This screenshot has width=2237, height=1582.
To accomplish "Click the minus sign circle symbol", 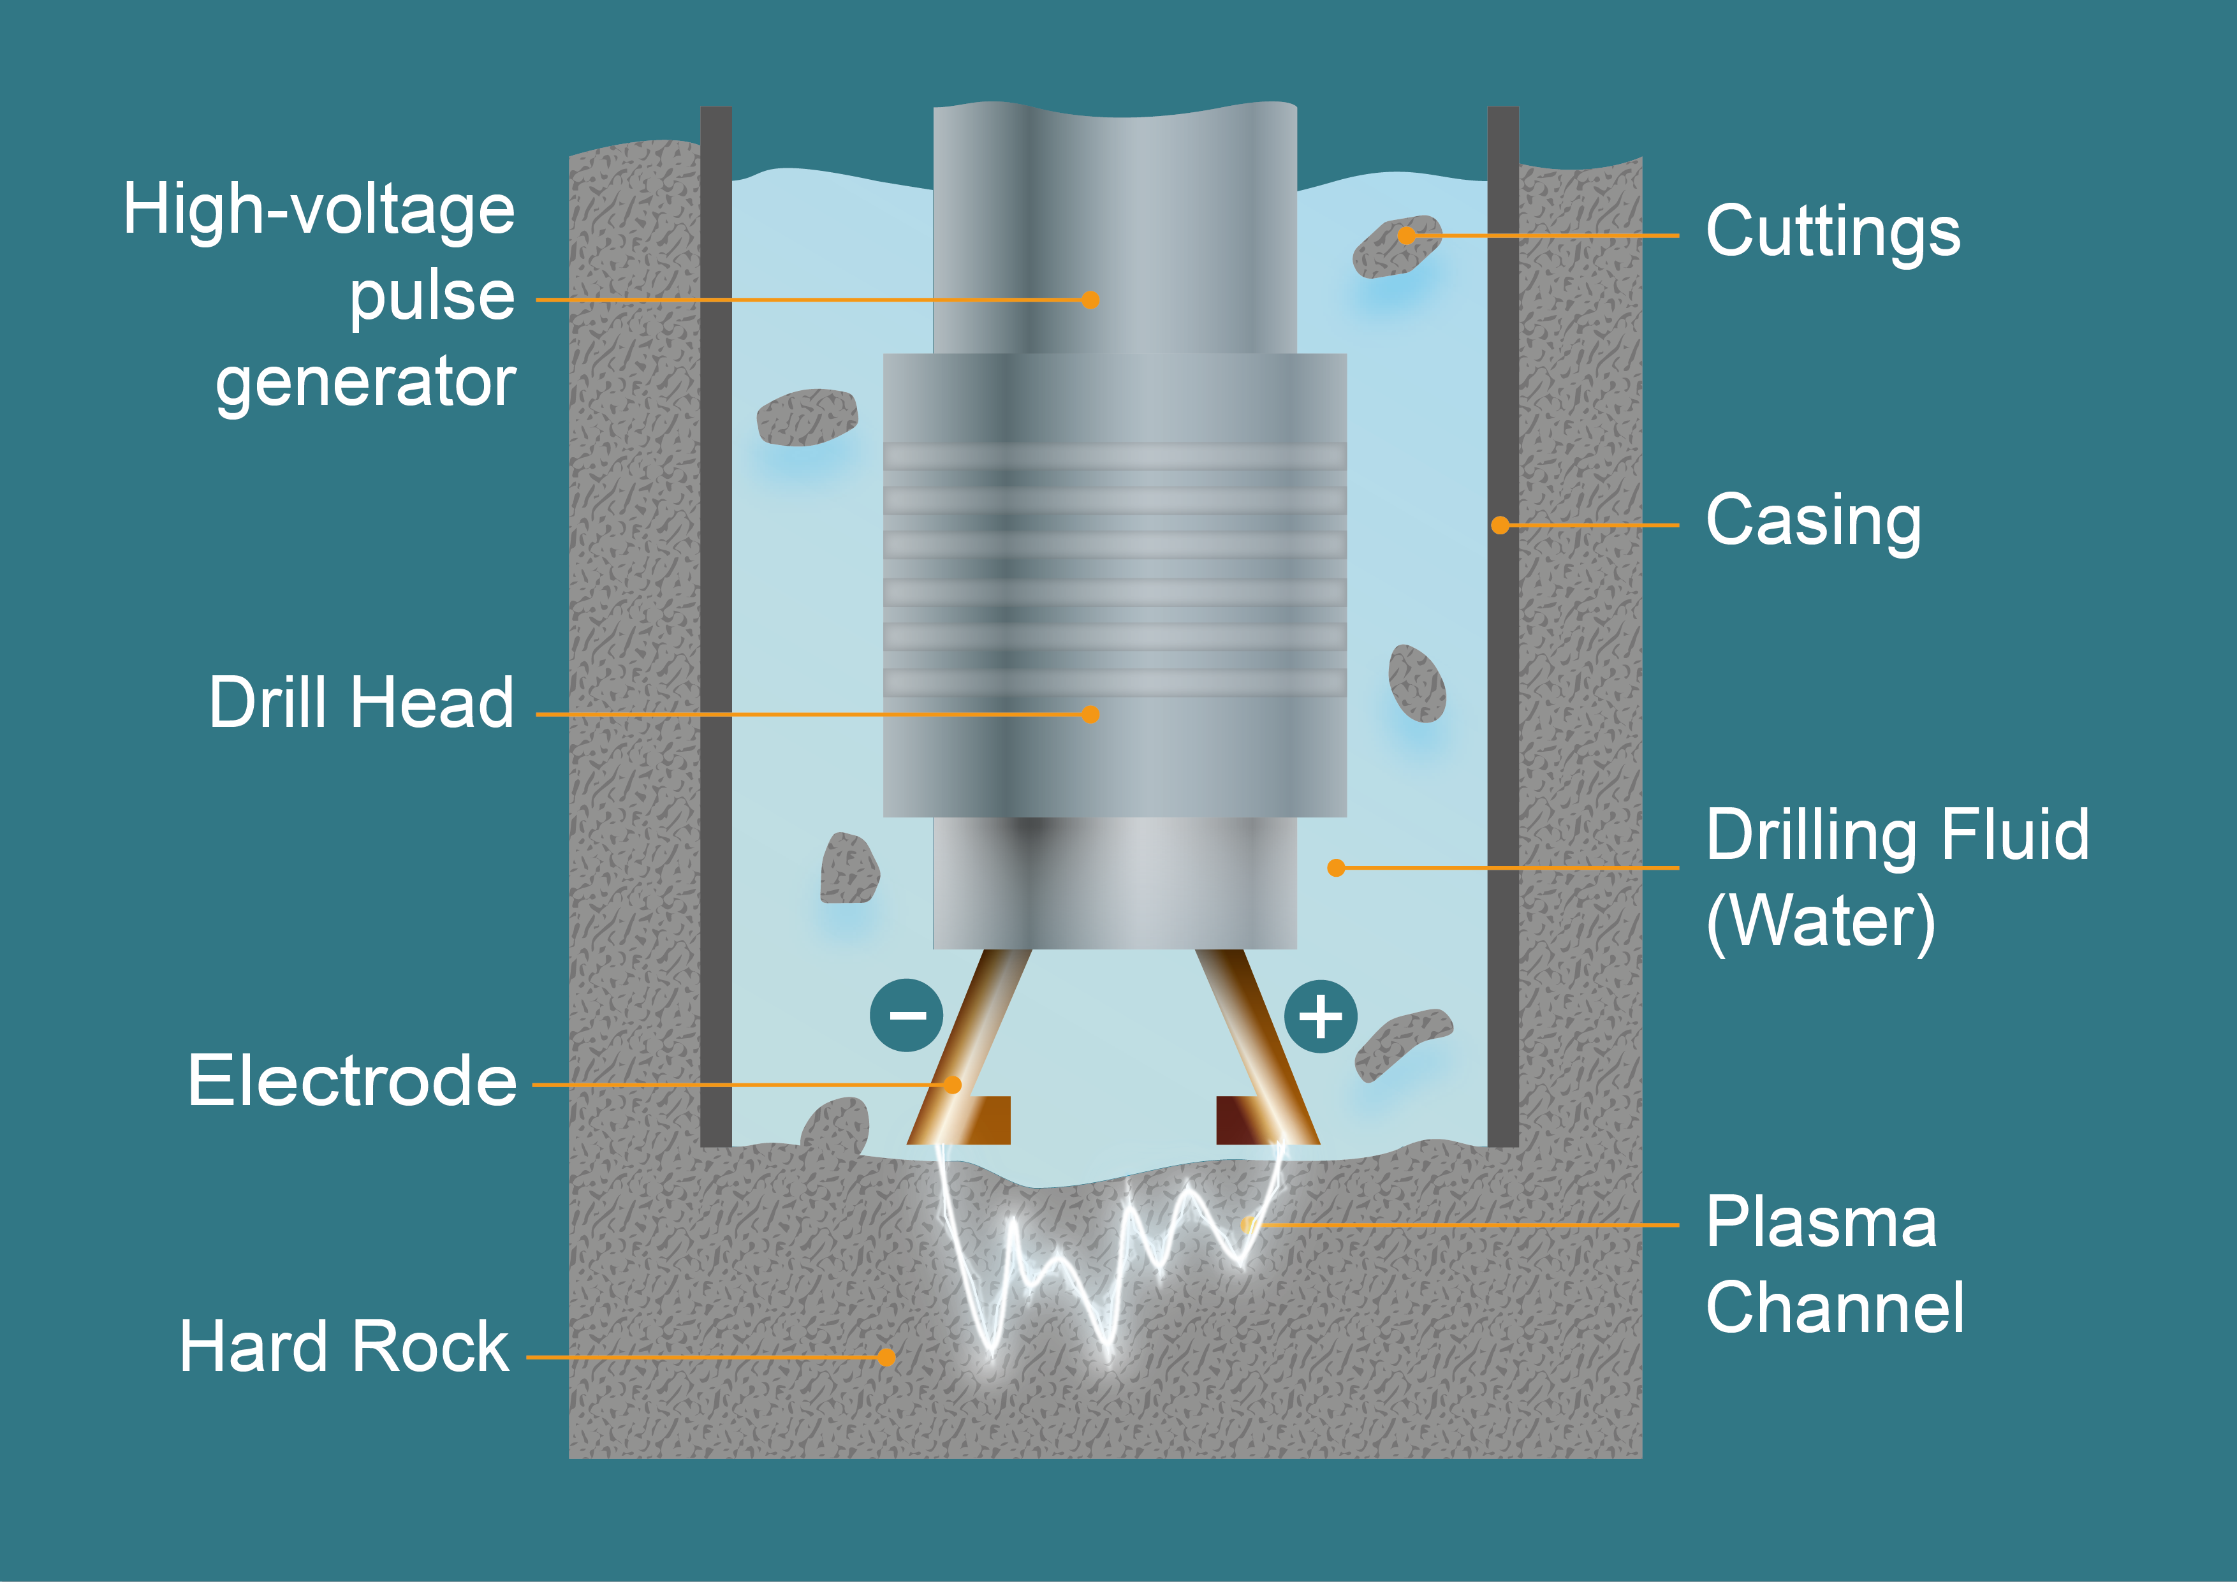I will point(906,1015).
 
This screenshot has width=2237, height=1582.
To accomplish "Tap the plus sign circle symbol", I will point(1320,1016).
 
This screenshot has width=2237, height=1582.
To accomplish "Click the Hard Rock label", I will point(344,1347).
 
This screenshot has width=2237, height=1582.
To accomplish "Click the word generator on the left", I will point(365,382).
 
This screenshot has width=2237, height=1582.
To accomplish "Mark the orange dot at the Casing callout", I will point(1500,525).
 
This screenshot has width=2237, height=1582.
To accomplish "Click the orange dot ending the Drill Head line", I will point(1090,714).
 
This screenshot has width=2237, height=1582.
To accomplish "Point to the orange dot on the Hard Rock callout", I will point(886,1357).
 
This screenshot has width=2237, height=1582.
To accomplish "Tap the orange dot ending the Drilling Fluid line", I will point(1336,867).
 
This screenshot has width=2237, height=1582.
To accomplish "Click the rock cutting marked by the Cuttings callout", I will point(1395,247).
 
